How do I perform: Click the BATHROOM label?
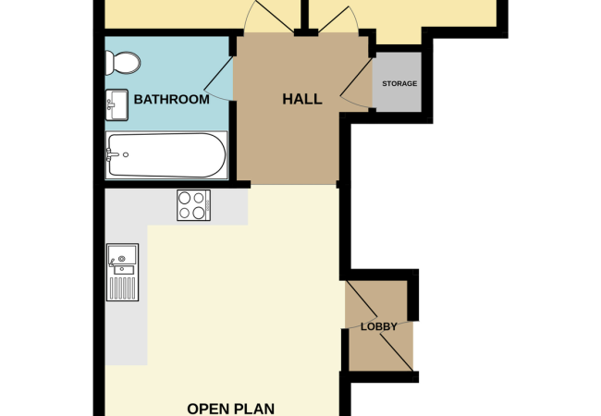pyautogui.click(x=172, y=99)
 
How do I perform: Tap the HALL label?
pyautogui.click(x=301, y=99)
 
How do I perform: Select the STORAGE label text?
pyautogui.click(x=399, y=84)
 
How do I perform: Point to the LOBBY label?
pyautogui.click(x=379, y=326)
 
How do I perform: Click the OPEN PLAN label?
pyautogui.click(x=231, y=408)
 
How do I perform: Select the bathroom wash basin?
pyautogui.click(x=117, y=104)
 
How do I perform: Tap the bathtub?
pyautogui.click(x=166, y=155)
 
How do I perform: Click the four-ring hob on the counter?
pyautogui.click(x=193, y=205)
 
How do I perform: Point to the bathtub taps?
pyautogui.click(x=111, y=155)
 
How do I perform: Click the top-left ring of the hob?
pyautogui.click(x=185, y=197)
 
